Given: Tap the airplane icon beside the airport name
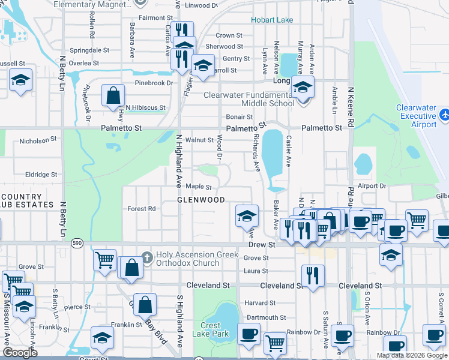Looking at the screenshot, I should coord(444,115).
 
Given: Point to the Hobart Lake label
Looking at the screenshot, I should coord(272,20).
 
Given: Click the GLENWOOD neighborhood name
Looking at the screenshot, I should coord(201,200).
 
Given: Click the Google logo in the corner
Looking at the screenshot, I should coord(20,353).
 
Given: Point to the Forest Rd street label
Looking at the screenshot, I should coord(141,209).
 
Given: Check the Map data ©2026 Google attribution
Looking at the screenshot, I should coord(411,355).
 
